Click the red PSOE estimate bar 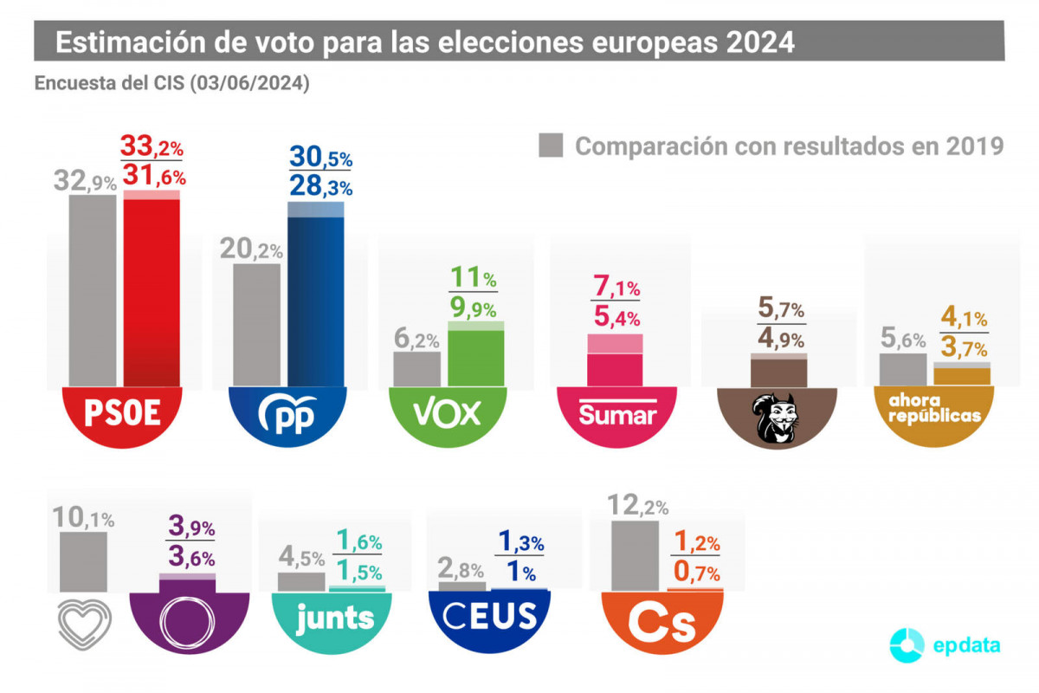click(x=152, y=290)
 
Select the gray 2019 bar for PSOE click(x=93, y=290)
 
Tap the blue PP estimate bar click(x=316, y=299)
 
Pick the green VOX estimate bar click(x=476, y=355)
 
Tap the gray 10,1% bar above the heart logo click(x=84, y=561)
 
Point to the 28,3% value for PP click(x=319, y=187)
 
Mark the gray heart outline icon click(x=84, y=622)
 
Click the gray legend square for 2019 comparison click(x=552, y=146)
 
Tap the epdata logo click(x=946, y=645)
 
